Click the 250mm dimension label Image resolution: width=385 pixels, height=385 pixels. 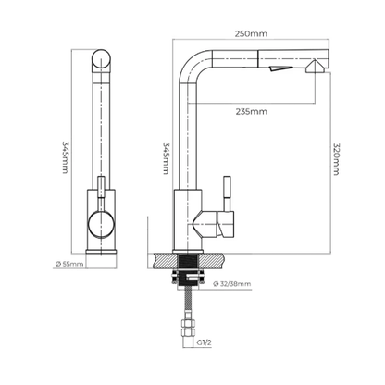click(x=251, y=33)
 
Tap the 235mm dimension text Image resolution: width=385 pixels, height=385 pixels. click(x=252, y=111)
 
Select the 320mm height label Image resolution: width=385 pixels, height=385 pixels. click(x=336, y=159)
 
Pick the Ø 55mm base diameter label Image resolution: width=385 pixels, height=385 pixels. click(x=69, y=264)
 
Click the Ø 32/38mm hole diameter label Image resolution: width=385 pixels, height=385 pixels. click(x=231, y=284)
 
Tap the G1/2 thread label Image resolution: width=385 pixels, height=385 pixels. click(x=205, y=342)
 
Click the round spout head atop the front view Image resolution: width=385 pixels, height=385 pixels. click(x=101, y=59)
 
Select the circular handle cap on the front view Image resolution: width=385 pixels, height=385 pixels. click(x=101, y=225)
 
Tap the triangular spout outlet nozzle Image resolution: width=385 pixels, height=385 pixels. click(x=315, y=67)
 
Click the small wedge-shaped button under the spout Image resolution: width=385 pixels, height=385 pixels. click(x=280, y=68)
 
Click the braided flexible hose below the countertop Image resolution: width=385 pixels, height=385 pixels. click(x=188, y=304)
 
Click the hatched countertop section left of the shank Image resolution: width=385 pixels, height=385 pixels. click(x=163, y=260)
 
